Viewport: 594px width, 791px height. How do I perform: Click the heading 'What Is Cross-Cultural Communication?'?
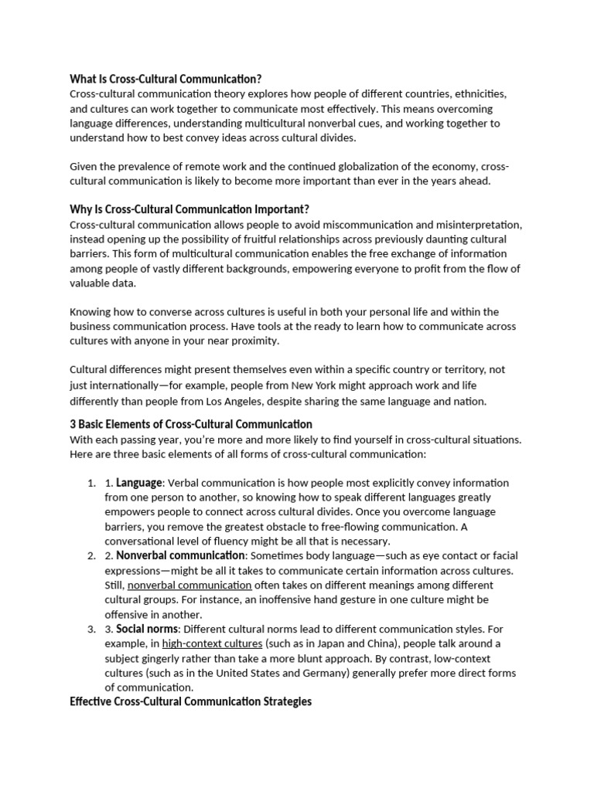(x=166, y=79)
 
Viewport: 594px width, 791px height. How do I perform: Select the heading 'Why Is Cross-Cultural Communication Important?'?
(x=189, y=210)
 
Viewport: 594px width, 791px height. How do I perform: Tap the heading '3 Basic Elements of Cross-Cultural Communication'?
(x=191, y=424)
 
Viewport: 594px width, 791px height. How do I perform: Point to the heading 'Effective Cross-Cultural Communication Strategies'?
(x=191, y=702)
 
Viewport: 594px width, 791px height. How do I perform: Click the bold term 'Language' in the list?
(x=139, y=483)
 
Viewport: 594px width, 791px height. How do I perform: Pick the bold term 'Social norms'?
(x=148, y=629)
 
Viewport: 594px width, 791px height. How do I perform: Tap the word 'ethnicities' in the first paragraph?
(x=479, y=93)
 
